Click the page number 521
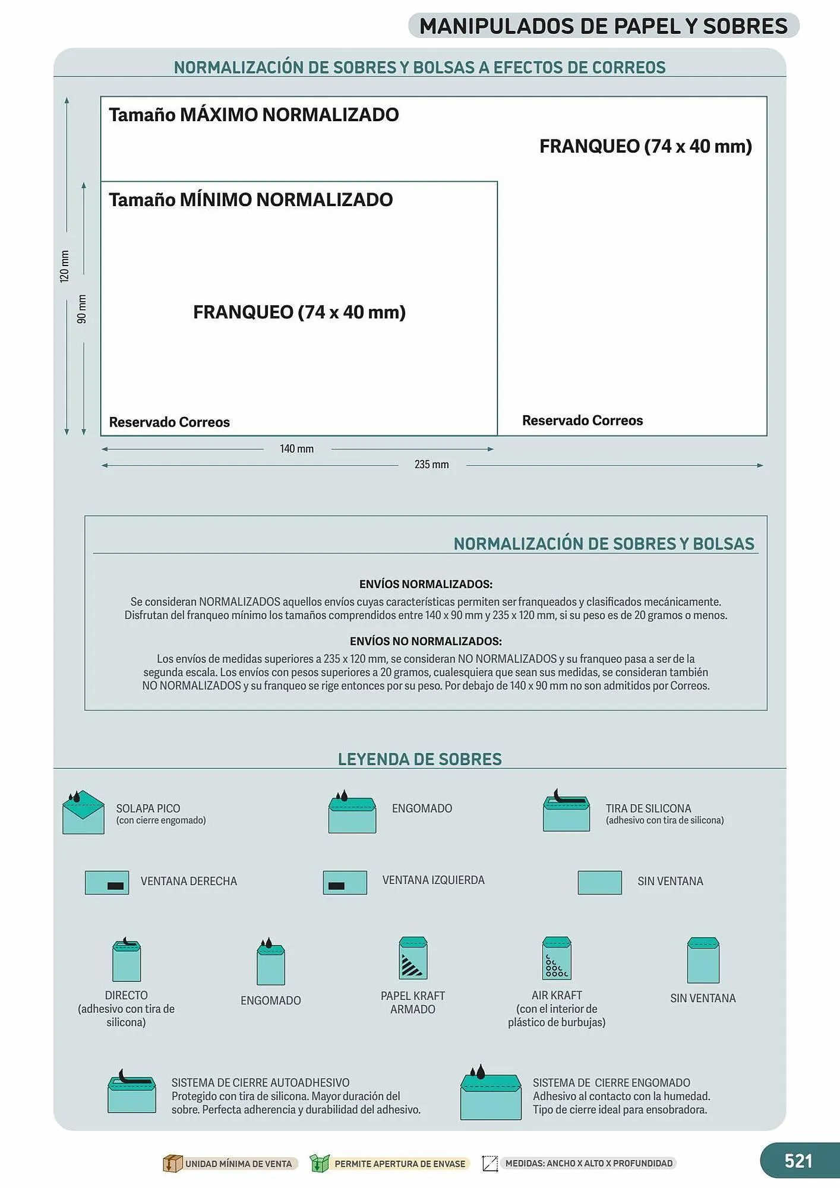(x=798, y=1161)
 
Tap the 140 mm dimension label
(x=296, y=449)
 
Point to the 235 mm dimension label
(x=431, y=465)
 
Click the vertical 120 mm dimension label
(x=65, y=266)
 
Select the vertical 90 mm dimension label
(x=82, y=309)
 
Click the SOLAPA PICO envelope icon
(x=83, y=813)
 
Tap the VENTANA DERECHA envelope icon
(x=107, y=883)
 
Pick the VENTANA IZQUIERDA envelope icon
(x=345, y=883)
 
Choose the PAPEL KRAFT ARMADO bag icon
(x=413, y=958)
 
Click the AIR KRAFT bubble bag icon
(x=557, y=958)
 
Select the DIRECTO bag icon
(x=127, y=960)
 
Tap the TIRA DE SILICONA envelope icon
(x=566, y=811)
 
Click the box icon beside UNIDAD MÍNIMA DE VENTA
(x=172, y=1163)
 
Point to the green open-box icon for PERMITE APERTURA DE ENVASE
(x=320, y=1163)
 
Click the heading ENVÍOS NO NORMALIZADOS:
(x=425, y=642)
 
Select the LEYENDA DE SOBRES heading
(x=419, y=759)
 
